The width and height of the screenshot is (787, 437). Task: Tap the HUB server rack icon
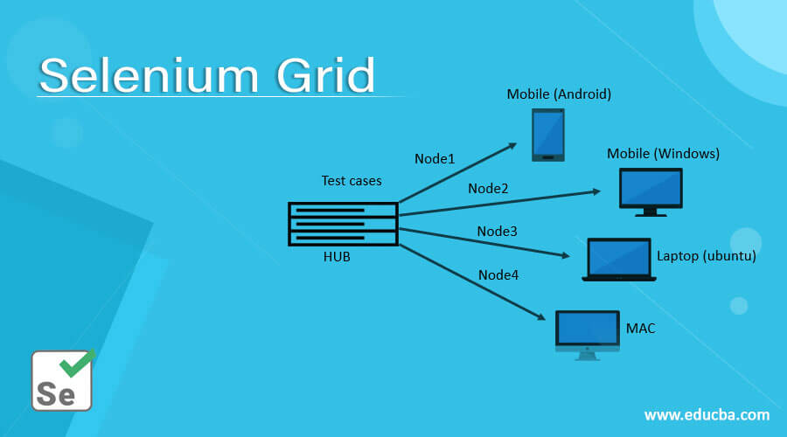(x=343, y=224)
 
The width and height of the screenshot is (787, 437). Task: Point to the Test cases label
(x=352, y=181)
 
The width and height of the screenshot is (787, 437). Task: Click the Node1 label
(x=435, y=158)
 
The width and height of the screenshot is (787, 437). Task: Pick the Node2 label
(x=488, y=188)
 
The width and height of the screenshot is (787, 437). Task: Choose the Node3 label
(x=497, y=232)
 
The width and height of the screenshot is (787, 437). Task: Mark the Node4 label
(x=498, y=274)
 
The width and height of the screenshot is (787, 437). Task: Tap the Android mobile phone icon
(x=548, y=135)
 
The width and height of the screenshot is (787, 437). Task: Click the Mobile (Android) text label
(x=559, y=94)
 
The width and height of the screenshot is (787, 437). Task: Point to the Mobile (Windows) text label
(x=663, y=154)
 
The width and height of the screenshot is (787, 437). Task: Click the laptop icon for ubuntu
(x=619, y=260)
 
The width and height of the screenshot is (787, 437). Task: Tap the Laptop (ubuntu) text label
(x=706, y=256)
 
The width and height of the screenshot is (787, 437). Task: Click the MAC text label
(x=640, y=329)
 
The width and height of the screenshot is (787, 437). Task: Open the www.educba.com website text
(x=707, y=414)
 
